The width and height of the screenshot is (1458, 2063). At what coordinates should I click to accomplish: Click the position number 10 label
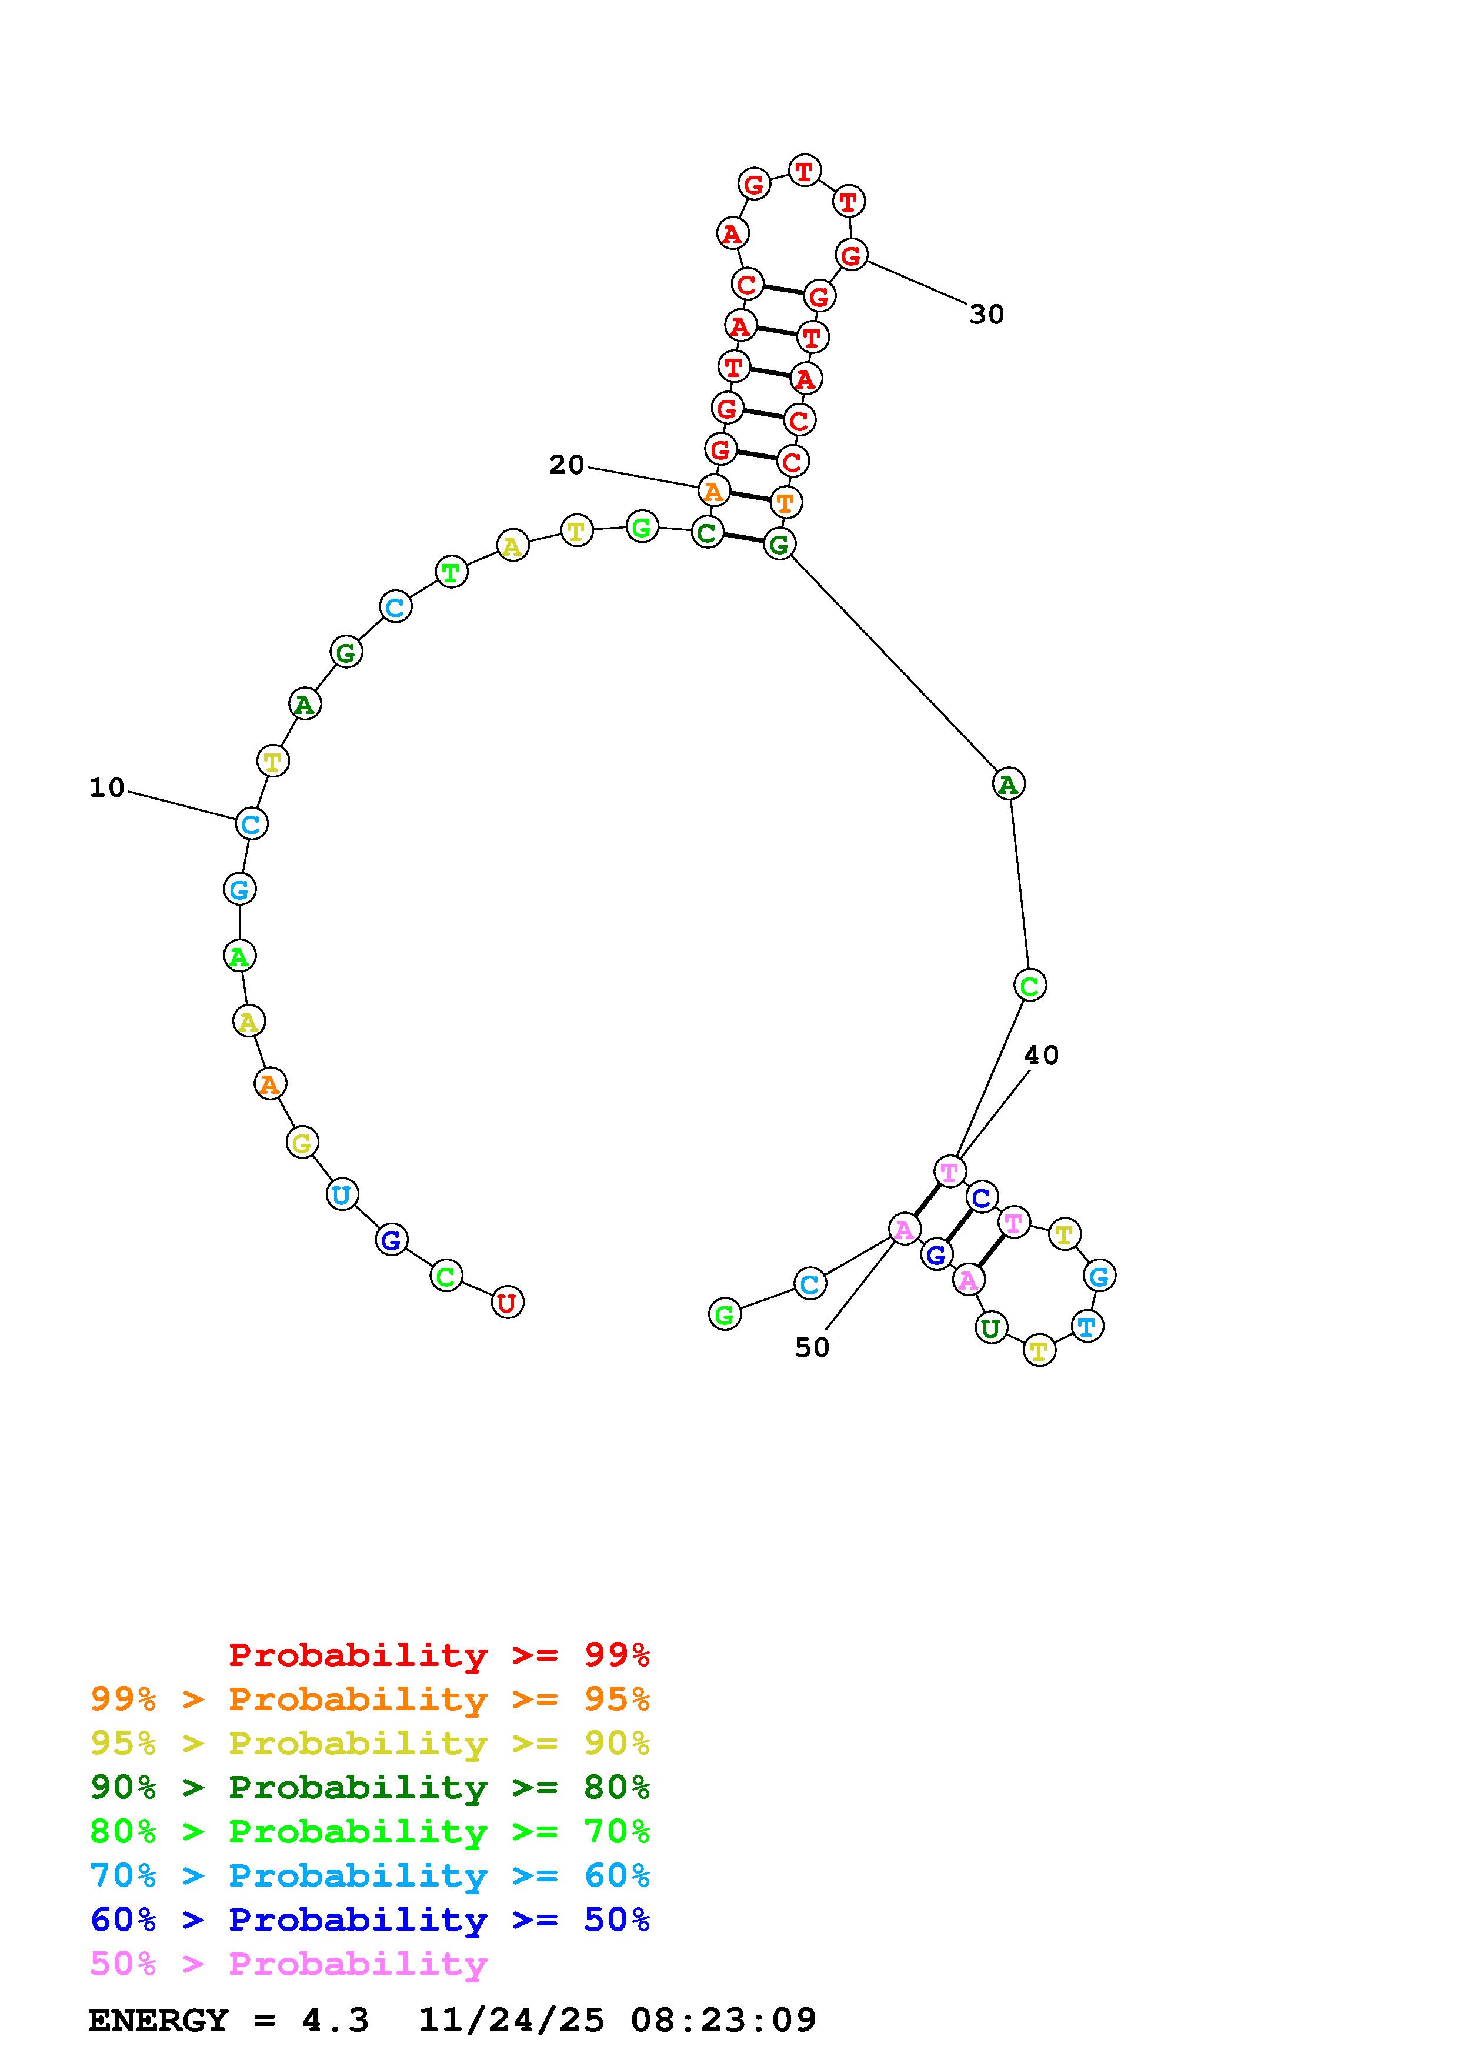tap(107, 788)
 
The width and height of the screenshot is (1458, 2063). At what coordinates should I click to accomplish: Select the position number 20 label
tap(567, 465)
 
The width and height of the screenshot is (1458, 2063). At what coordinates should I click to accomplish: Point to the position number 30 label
tap(986, 315)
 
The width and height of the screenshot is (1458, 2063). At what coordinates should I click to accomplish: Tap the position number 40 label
tap(1041, 1055)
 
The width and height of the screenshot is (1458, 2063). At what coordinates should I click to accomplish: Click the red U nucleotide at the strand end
tap(508, 1302)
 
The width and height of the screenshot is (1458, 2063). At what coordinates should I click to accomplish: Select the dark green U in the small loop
tap(991, 1327)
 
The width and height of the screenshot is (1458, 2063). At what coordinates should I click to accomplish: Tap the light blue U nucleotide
tap(341, 1194)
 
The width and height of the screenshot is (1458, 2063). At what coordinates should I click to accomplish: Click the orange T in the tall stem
tap(785, 502)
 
